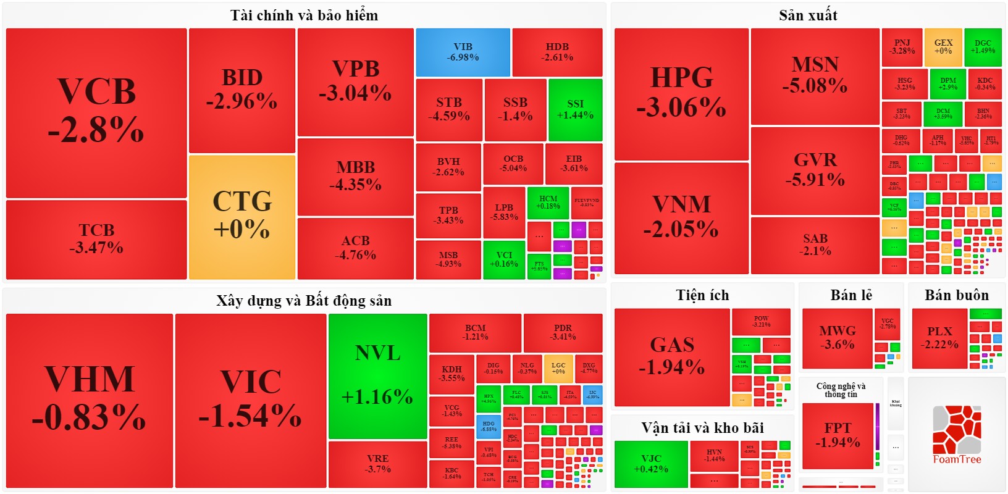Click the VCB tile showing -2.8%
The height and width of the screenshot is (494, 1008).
pos(96,112)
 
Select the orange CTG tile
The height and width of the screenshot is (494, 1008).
pos(241,216)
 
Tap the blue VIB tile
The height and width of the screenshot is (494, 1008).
pos(463,52)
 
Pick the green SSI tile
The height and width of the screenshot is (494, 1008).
pos(575,109)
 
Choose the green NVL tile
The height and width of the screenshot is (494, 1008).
pos(377,375)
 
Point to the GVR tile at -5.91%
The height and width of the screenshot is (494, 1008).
pos(815,170)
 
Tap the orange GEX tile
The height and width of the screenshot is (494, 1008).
pos(943,47)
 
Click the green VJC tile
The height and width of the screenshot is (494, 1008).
pos(651,464)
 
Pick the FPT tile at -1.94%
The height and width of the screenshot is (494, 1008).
pos(838,435)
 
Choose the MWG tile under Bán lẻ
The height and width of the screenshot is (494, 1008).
pos(838,338)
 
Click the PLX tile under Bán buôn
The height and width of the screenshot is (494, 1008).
pos(939,338)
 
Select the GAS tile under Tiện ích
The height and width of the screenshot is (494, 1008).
pos(672,356)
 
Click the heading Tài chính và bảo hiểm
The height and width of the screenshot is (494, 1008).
pos(304,15)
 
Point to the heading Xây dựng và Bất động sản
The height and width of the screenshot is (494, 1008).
pos(304,301)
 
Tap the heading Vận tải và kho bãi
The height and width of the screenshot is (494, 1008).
pos(702,428)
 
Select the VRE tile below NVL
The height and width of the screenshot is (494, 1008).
pos(377,464)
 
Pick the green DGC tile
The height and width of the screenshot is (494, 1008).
pos(983,47)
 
